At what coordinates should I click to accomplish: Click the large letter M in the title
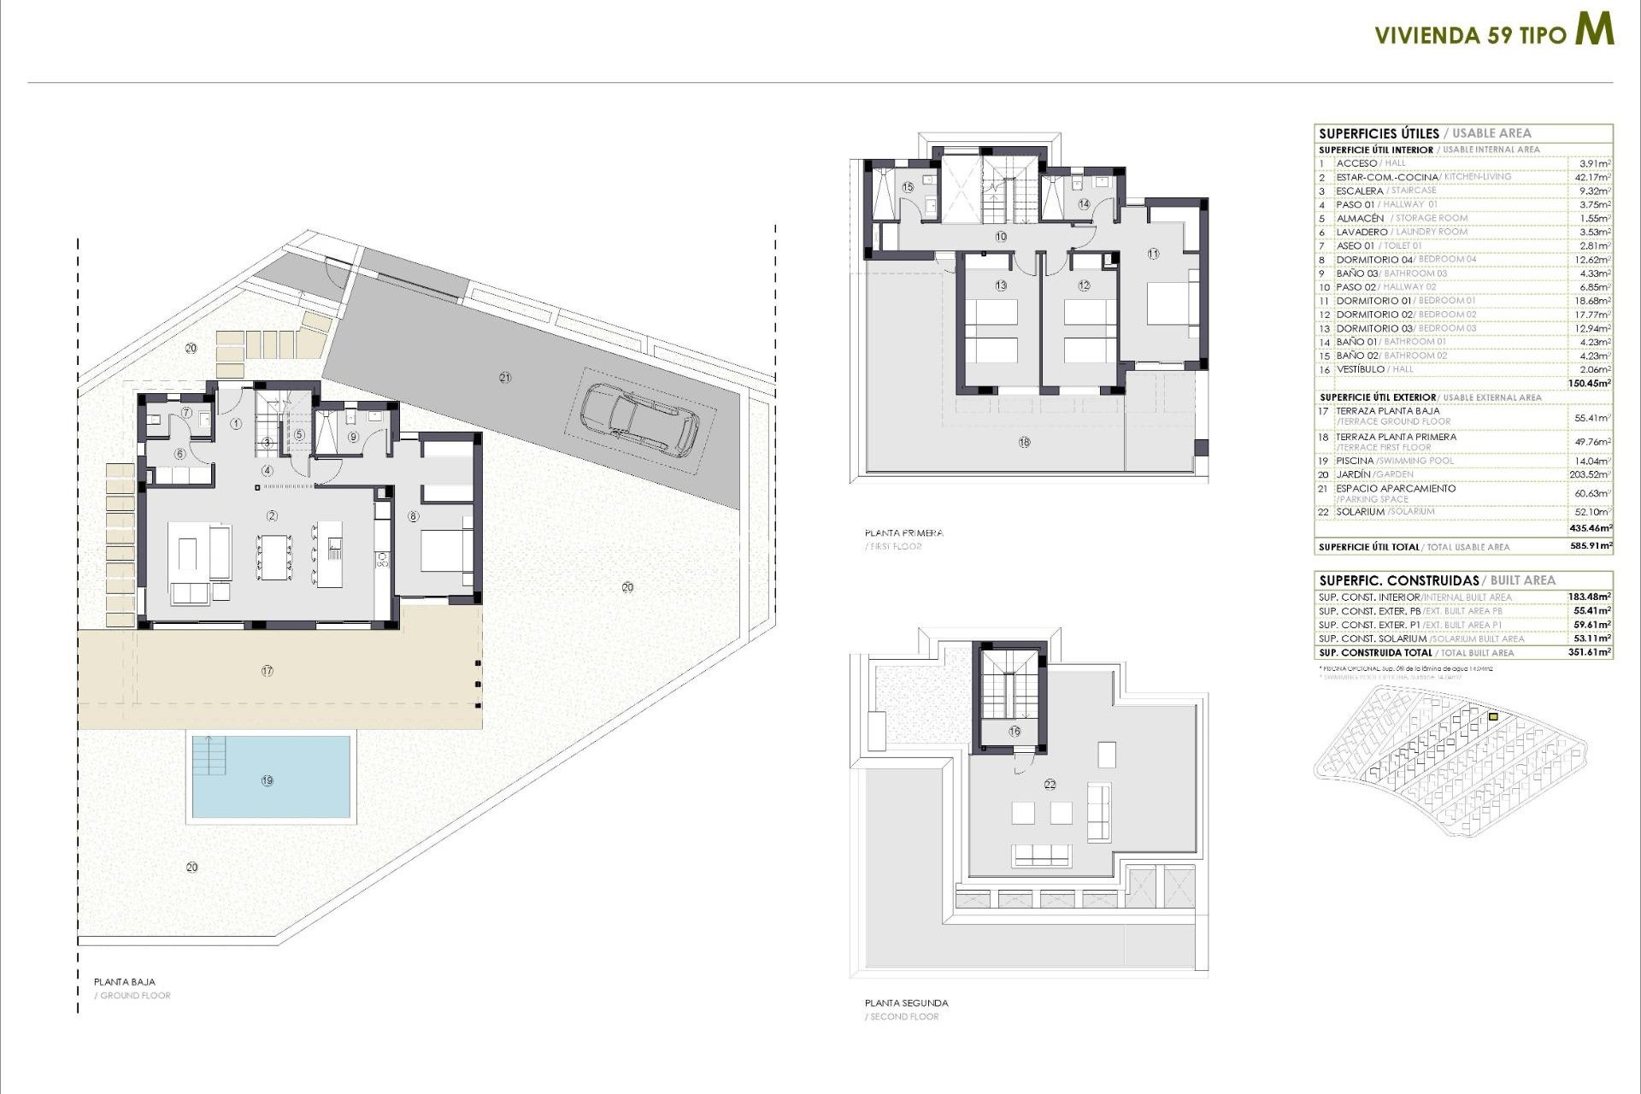click(x=1594, y=30)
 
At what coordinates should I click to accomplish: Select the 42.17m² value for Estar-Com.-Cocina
click(x=1592, y=177)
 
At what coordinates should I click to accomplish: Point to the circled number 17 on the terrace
click(x=268, y=671)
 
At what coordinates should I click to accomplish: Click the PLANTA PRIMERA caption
click(x=903, y=532)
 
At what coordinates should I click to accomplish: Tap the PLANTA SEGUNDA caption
click(x=906, y=1003)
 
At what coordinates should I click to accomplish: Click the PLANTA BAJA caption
click(x=125, y=982)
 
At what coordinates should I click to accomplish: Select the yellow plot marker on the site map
click(x=1493, y=717)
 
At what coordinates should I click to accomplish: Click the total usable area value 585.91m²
click(x=1592, y=546)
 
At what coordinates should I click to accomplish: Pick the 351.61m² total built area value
click(x=1592, y=652)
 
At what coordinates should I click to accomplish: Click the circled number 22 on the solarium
click(x=1050, y=784)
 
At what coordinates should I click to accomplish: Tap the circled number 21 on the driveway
click(x=505, y=377)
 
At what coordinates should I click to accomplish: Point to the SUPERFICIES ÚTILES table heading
click(x=1379, y=133)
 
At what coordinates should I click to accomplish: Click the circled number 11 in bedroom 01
click(x=1153, y=254)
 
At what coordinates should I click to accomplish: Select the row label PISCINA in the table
click(x=1355, y=461)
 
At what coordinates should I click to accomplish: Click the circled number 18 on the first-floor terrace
click(x=1024, y=442)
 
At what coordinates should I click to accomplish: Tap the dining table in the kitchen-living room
click(x=273, y=556)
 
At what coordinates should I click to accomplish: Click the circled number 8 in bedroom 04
click(x=414, y=516)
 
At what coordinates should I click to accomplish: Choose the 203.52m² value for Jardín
click(x=1592, y=474)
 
